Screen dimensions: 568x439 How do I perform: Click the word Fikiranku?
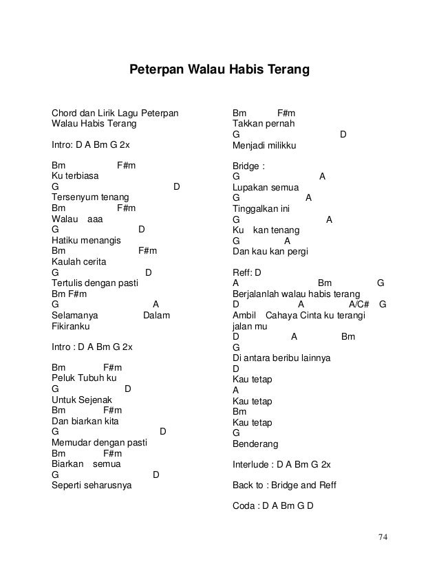(x=72, y=326)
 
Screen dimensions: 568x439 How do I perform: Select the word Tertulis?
(x=67, y=283)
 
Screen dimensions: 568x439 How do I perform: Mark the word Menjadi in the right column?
(x=249, y=145)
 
